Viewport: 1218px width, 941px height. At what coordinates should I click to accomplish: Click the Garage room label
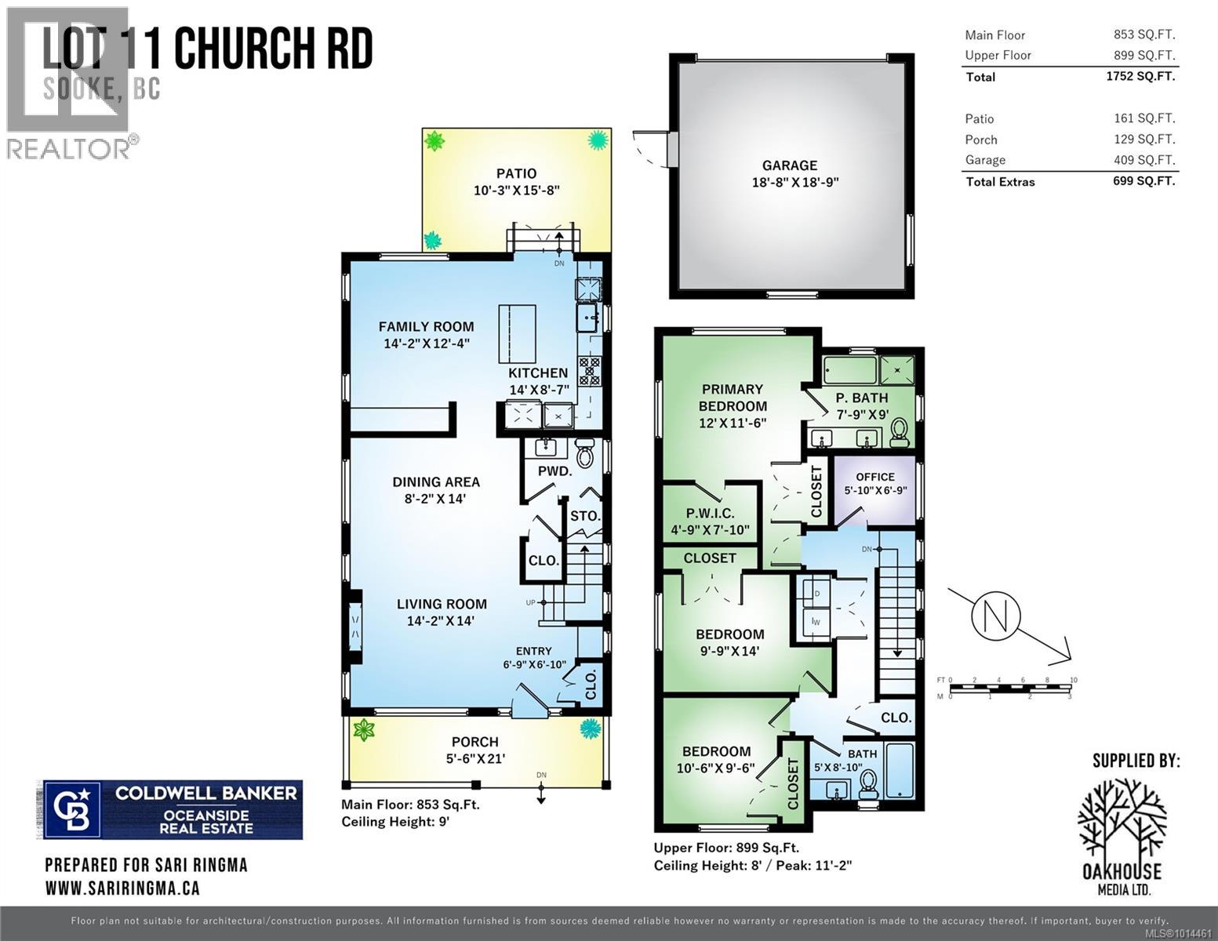pos(789,165)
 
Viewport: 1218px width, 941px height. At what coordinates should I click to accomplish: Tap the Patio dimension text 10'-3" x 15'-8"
pos(516,191)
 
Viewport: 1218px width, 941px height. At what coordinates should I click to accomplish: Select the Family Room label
pos(426,327)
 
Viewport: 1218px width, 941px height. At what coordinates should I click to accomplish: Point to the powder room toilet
pos(585,453)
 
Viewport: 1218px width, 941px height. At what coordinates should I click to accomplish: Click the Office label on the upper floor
pos(874,477)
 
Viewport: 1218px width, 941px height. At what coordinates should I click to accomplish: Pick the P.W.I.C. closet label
pos(710,514)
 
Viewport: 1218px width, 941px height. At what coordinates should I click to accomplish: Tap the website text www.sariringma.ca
pos(122,888)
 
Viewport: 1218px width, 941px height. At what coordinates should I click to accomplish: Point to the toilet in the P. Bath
pos(899,432)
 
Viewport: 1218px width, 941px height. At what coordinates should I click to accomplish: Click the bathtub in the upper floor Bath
pos(899,769)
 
